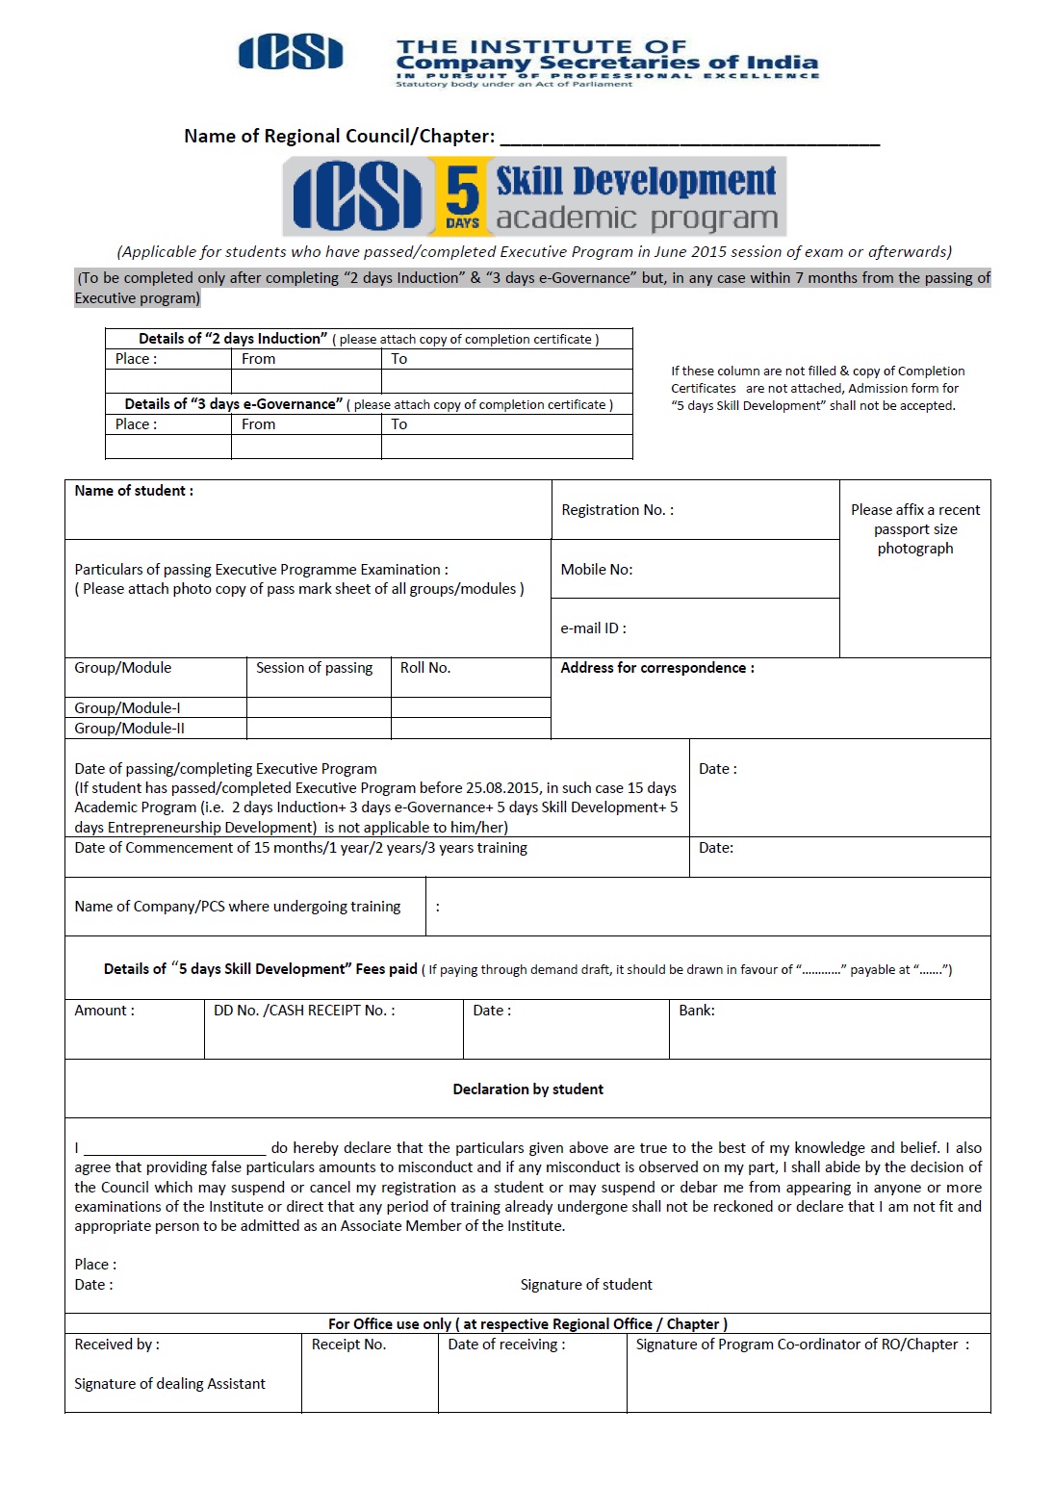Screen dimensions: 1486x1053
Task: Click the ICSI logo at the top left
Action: coord(291,53)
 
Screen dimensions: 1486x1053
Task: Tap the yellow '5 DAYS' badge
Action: coord(462,197)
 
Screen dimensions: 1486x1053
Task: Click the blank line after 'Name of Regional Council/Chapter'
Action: coord(689,138)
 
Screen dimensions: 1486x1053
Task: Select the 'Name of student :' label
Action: coord(134,491)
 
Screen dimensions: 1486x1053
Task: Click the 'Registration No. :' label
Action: coord(618,510)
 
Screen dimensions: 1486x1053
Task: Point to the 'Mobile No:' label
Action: coord(597,570)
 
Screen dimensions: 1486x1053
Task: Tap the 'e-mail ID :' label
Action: coord(593,628)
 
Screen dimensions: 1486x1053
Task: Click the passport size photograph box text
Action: coord(915,529)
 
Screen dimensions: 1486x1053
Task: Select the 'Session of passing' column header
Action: coord(314,668)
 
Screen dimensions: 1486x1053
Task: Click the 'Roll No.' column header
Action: coord(425,668)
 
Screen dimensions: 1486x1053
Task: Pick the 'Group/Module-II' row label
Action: coord(130,729)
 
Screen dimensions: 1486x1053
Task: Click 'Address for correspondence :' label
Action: coord(657,668)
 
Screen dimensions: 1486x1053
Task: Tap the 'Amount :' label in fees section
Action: coord(105,1011)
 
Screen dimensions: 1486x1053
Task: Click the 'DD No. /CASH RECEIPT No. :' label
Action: coord(304,1011)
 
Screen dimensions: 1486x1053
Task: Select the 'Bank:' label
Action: coord(697,1011)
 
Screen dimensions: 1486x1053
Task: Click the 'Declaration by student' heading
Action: coord(528,1089)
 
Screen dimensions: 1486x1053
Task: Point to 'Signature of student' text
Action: coord(586,1285)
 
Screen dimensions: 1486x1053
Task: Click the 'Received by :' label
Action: coord(117,1345)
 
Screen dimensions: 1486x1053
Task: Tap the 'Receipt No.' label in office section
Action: coord(348,1345)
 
